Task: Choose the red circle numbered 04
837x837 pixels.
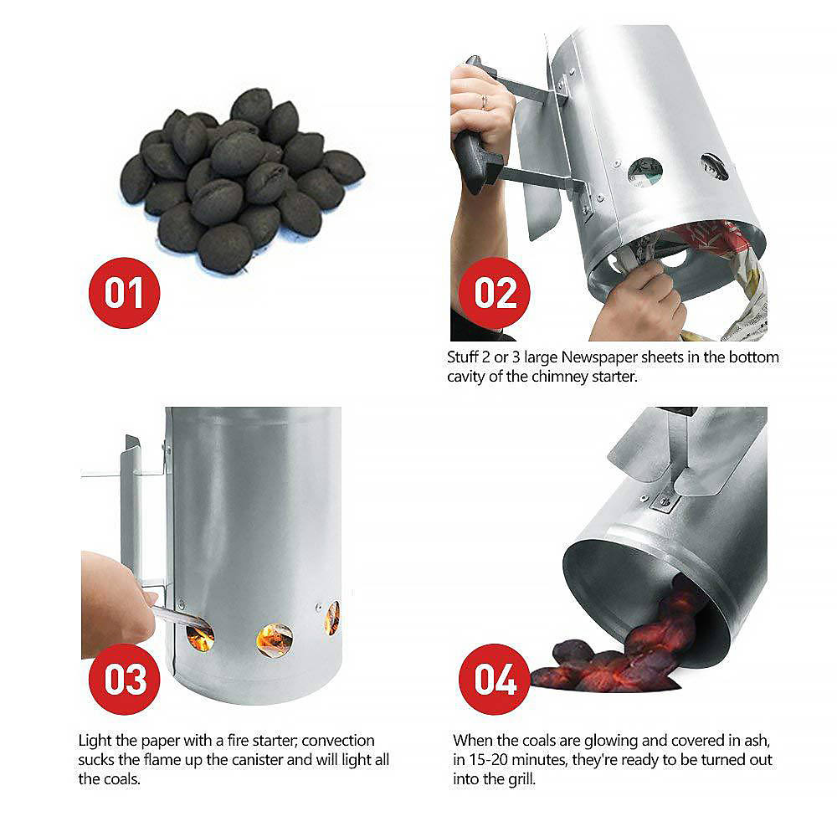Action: [496, 679]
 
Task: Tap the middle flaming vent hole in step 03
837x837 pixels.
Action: [275, 639]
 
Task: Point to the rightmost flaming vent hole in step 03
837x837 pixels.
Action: [332, 618]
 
